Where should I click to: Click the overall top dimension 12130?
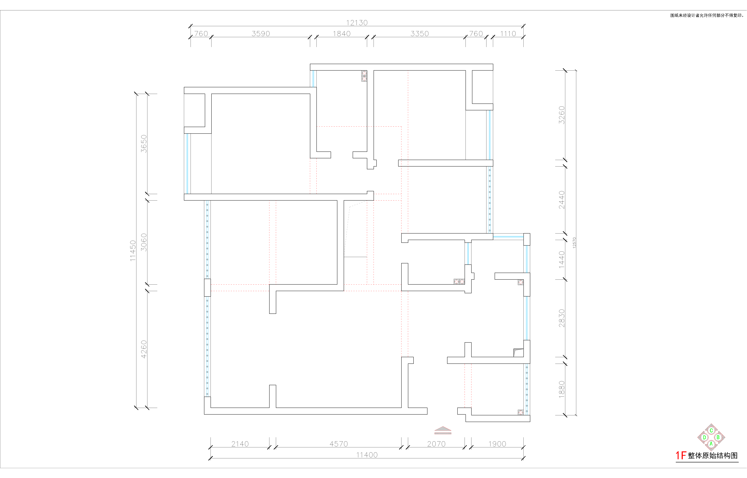click(x=357, y=23)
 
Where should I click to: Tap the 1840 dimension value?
click(x=342, y=34)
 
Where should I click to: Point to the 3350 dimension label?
click(x=419, y=34)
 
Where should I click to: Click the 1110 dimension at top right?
click(x=508, y=34)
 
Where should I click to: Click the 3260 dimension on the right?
click(x=562, y=115)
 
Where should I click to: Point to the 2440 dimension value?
click(x=562, y=200)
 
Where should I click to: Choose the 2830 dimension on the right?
click(x=562, y=318)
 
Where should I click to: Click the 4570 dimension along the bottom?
click(x=339, y=444)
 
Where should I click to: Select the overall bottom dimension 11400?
click(x=367, y=455)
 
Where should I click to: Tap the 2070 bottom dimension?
click(x=436, y=444)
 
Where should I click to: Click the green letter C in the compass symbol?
click(x=711, y=430)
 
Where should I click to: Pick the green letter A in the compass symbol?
click(x=711, y=444)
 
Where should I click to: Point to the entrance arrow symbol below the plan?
click(x=443, y=430)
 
